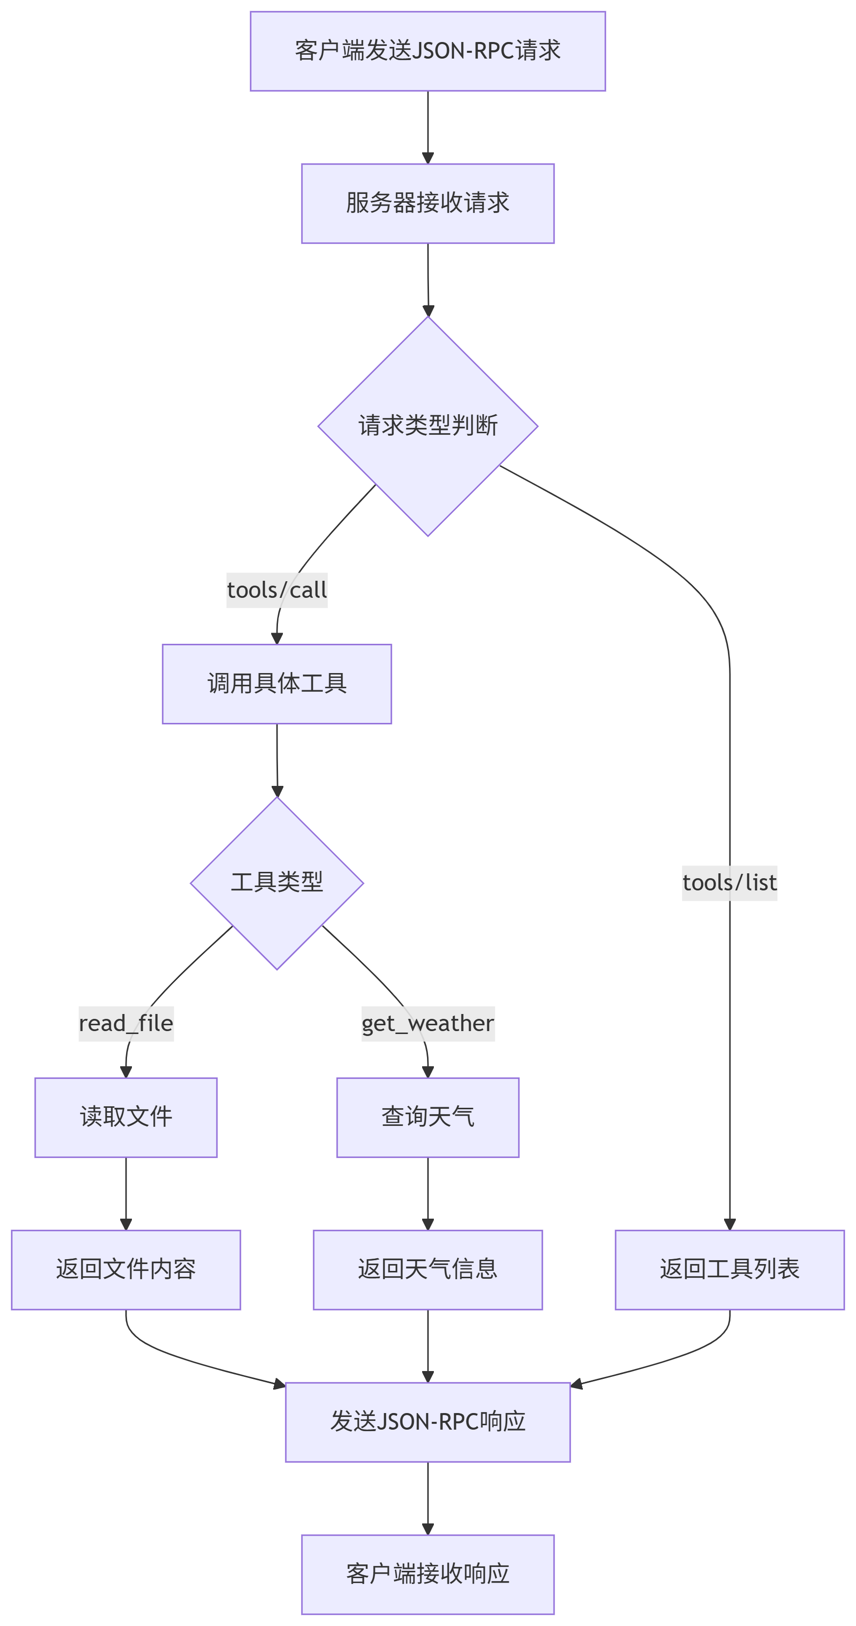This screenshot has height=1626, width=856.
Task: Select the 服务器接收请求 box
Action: pos(428,203)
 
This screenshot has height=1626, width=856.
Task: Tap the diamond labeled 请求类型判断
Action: pos(428,426)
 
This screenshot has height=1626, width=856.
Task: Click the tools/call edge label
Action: pos(277,590)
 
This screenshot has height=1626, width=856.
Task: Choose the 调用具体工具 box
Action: pos(277,684)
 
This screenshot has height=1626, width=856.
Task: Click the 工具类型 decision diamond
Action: pos(277,883)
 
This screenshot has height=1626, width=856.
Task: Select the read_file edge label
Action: pos(126,1023)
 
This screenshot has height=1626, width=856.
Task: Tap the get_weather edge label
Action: pos(428,1023)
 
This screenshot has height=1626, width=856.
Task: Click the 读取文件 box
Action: pos(126,1117)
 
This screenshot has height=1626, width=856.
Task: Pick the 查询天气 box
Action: pos(428,1117)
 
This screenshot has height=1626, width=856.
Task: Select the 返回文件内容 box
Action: pos(126,1269)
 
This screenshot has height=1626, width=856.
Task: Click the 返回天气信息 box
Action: pos(428,1269)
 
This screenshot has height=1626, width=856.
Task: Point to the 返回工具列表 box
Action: pos(729,1269)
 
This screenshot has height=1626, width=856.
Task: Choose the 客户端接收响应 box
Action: pos(428,1574)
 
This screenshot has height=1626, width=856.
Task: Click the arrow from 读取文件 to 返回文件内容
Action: pos(126,1193)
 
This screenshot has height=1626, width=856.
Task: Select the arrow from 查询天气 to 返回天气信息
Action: pos(428,1193)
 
